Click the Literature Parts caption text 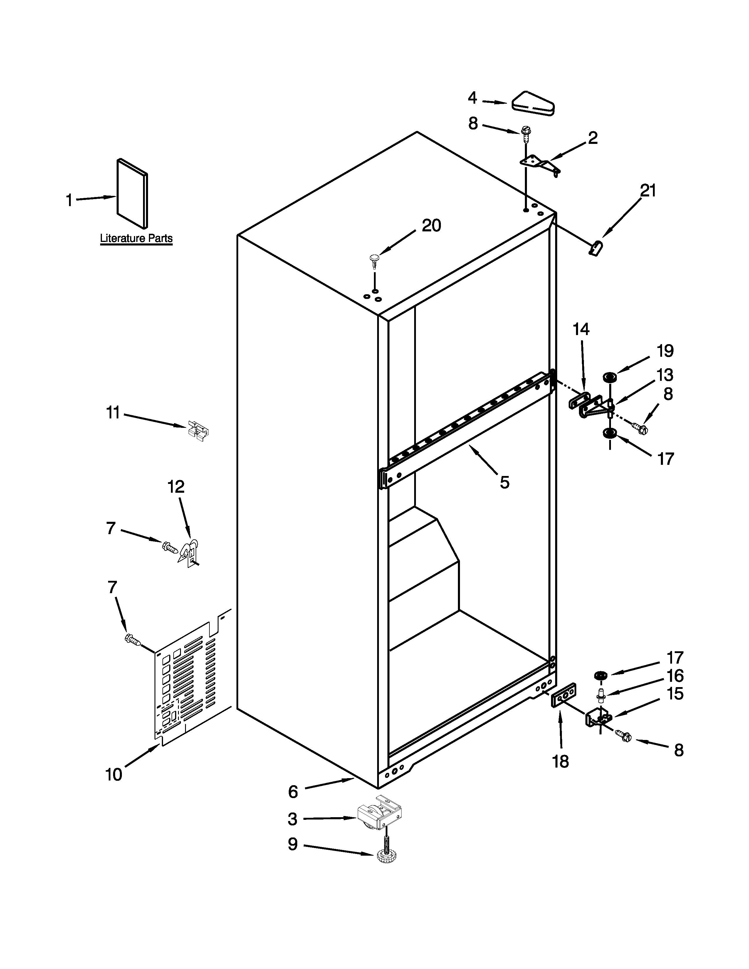tap(136, 238)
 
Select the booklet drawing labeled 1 tap(132, 194)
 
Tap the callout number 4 tap(473, 97)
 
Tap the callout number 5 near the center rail tap(505, 482)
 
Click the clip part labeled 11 tap(198, 430)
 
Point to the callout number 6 tap(293, 792)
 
